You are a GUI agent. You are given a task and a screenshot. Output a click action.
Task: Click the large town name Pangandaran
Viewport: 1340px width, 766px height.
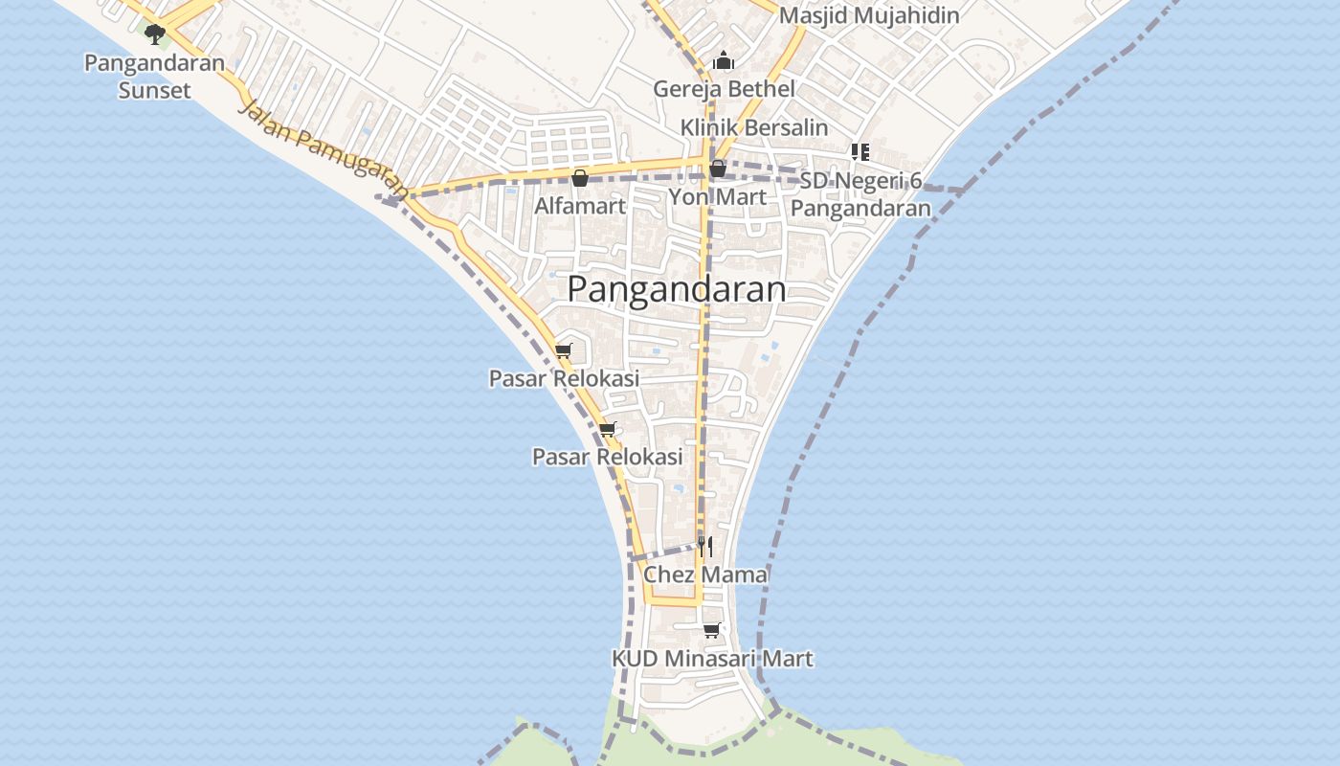[677, 289]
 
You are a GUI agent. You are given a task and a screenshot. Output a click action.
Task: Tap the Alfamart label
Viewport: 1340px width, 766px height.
[580, 206]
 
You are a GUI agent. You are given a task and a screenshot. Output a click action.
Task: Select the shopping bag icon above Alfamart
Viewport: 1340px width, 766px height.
[579, 178]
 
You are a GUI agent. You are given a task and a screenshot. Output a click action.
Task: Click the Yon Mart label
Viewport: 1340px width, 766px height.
[717, 197]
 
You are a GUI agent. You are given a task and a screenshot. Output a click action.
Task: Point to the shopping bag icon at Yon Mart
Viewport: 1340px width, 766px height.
[718, 169]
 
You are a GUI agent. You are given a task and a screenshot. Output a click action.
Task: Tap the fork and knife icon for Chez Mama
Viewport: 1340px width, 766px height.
[704, 547]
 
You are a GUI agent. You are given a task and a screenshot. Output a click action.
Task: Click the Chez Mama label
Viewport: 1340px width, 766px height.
[705, 574]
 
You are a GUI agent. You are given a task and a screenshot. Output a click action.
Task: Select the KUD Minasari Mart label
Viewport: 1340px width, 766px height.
[712, 659]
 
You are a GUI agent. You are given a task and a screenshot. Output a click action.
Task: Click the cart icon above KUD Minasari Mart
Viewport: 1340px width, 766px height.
[711, 630]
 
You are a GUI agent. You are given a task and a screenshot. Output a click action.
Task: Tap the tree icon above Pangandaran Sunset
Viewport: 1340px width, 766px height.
[155, 35]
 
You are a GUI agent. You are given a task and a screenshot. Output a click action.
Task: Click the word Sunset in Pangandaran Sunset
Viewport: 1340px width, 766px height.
[155, 91]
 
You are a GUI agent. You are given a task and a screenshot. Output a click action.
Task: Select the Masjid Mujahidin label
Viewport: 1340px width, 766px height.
[868, 16]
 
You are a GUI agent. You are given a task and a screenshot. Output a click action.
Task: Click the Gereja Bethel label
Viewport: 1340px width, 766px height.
[724, 89]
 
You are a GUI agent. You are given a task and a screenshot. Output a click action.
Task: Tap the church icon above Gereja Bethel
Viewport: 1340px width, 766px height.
[724, 62]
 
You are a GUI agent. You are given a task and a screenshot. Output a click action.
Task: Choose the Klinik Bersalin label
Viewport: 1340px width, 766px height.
[754, 127]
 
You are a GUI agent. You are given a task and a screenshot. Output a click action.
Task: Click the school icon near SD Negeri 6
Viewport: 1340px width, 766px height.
[860, 151]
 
